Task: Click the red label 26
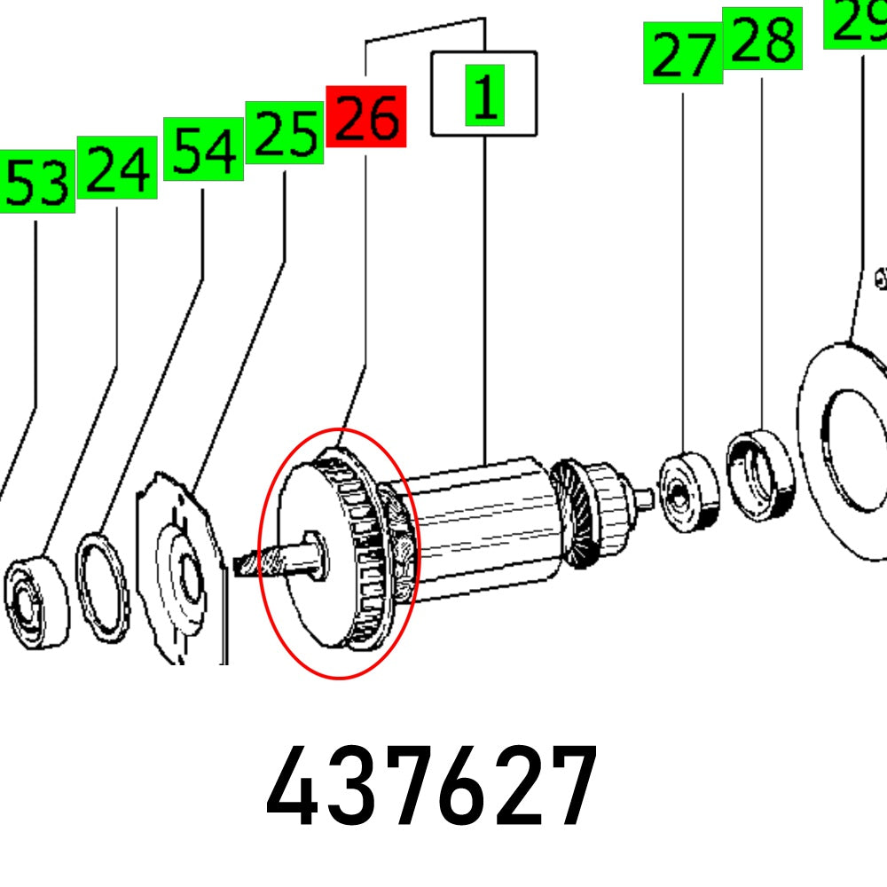tap(366, 116)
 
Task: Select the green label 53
tap(37, 182)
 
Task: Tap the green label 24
tap(117, 168)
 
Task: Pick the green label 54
tap(204, 149)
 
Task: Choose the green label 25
tap(285, 133)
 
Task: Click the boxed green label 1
tap(485, 95)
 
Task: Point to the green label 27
tap(683, 53)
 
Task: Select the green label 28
tap(763, 38)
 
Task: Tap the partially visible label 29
tap(855, 24)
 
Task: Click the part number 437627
tap(432, 785)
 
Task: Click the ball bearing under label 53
tap(35, 602)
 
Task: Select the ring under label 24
tap(102, 588)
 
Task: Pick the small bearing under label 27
tap(689, 491)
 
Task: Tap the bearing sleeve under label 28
tap(761, 475)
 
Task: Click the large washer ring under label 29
tap(843, 451)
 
